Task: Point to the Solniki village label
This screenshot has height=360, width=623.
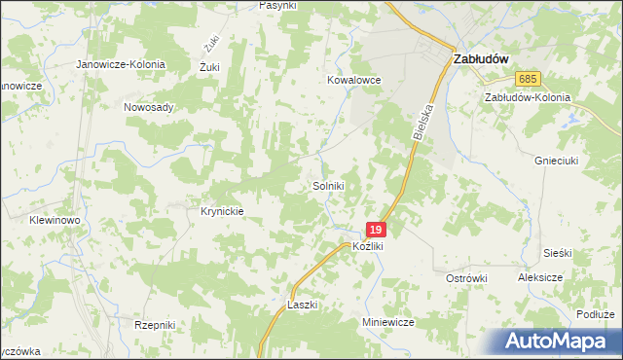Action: (328, 185)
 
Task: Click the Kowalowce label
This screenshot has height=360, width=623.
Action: (353, 81)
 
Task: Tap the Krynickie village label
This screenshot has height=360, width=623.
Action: (221, 211)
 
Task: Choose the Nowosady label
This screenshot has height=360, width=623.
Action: (149, 107)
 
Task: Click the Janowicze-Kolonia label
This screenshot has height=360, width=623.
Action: (122, 64)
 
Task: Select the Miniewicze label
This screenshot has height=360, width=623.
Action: (388, 322)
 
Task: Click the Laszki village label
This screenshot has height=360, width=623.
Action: (303, 305)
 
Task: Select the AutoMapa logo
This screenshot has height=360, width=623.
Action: (558, 341)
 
